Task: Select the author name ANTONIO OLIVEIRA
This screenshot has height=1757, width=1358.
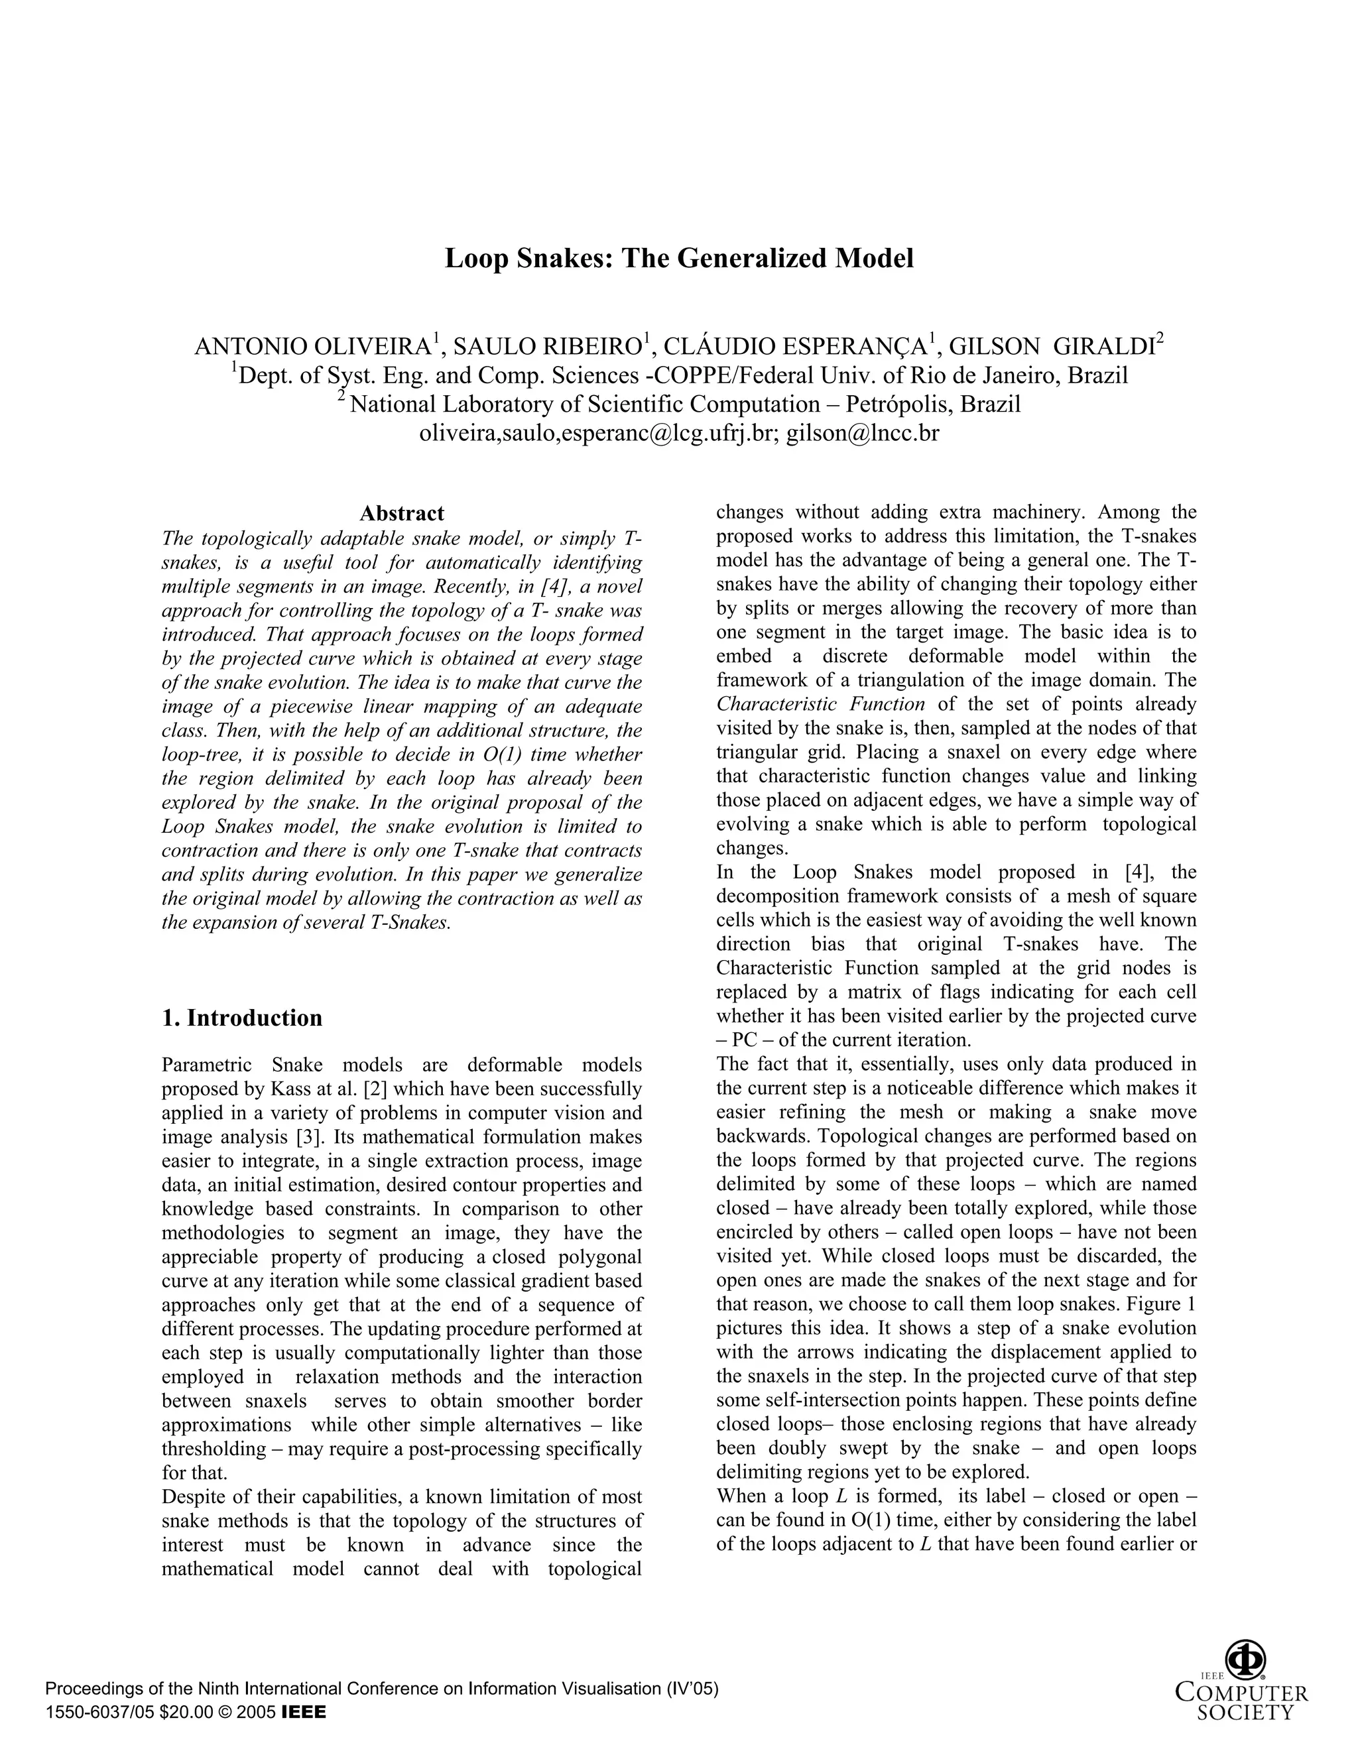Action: pos(313,347)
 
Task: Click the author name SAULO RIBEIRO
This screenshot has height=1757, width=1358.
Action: pos(546,347)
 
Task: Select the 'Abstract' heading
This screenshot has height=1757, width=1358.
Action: pos(401,513)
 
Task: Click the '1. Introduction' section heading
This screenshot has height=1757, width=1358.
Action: pos(241,1018)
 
